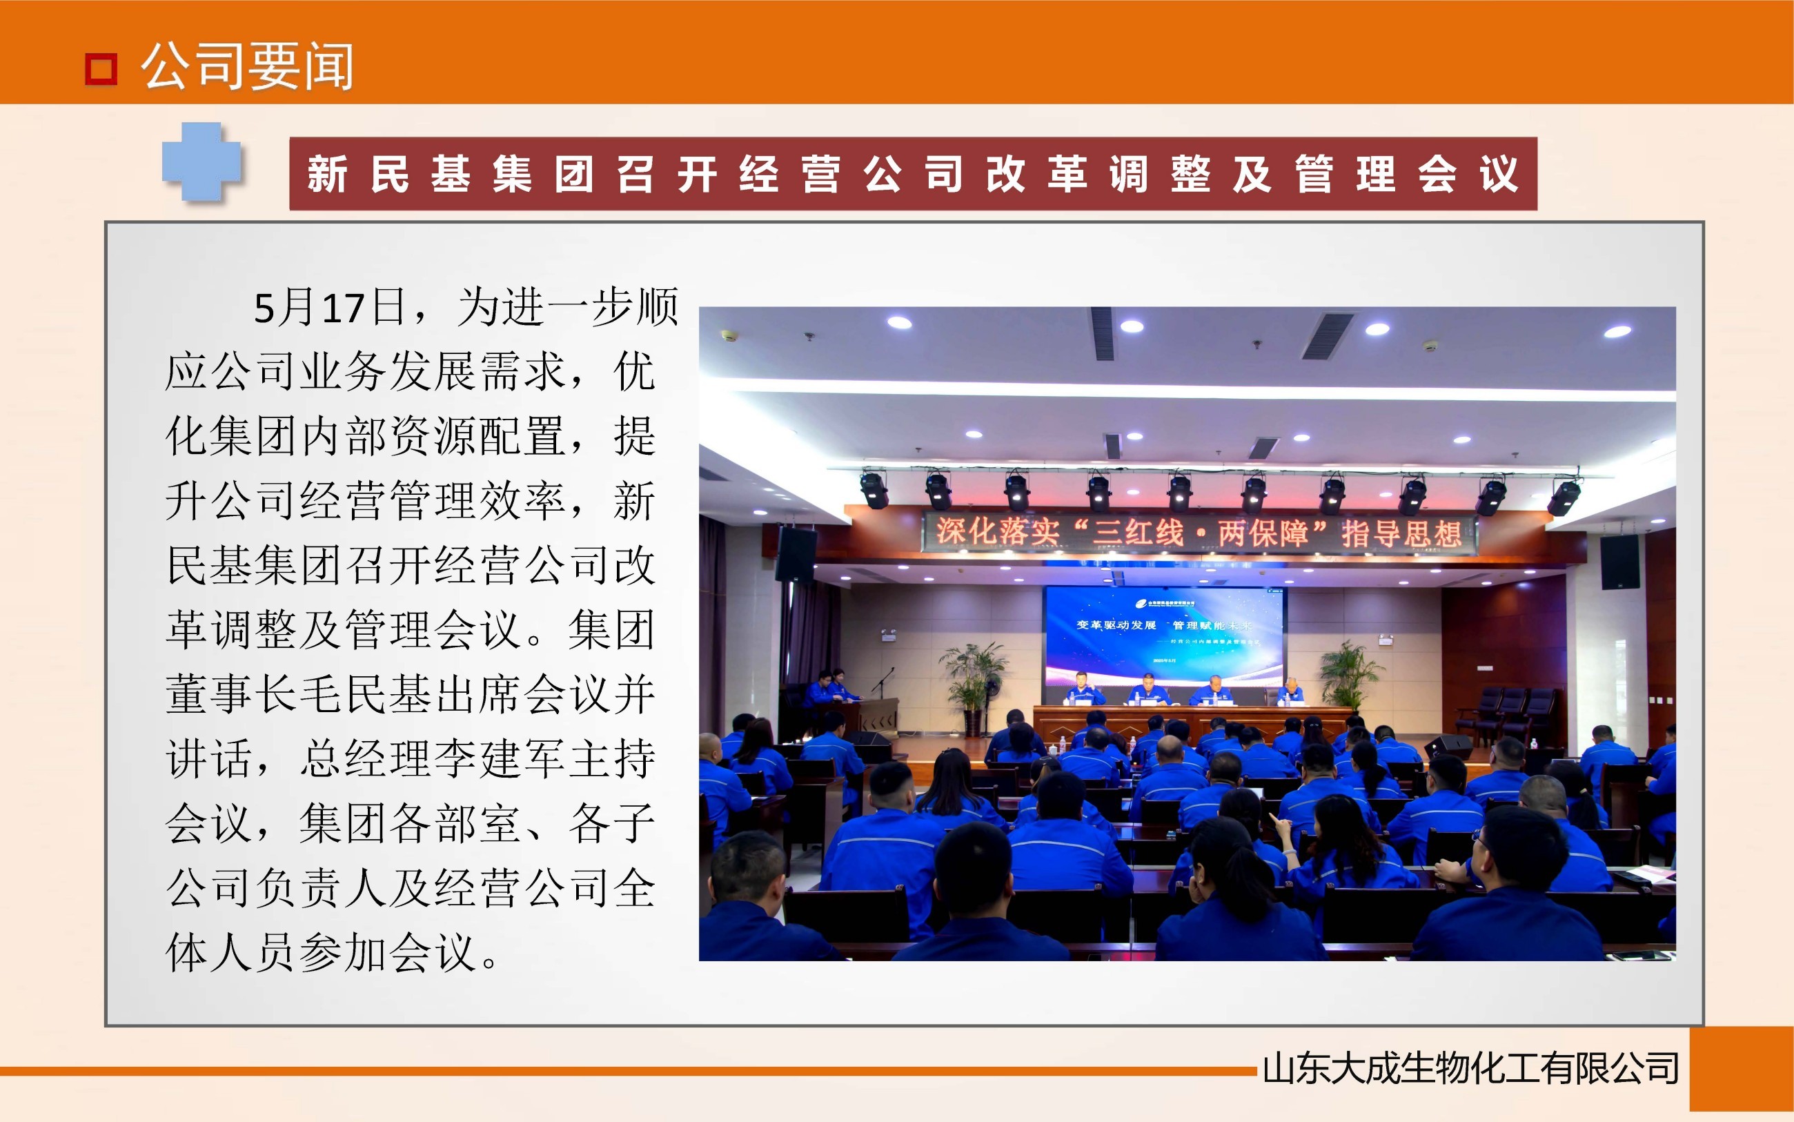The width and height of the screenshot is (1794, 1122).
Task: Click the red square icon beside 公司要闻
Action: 101,70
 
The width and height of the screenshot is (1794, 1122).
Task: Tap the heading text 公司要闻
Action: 247,67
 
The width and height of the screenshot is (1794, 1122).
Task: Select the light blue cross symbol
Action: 201,161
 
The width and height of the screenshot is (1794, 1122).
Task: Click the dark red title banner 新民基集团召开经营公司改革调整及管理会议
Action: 913,174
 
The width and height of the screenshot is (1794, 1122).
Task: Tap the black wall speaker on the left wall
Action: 796,554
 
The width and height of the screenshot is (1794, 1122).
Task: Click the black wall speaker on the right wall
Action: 1619,562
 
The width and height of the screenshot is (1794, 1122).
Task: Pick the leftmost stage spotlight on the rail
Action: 874,490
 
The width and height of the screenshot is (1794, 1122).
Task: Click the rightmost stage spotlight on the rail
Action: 1563,495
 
